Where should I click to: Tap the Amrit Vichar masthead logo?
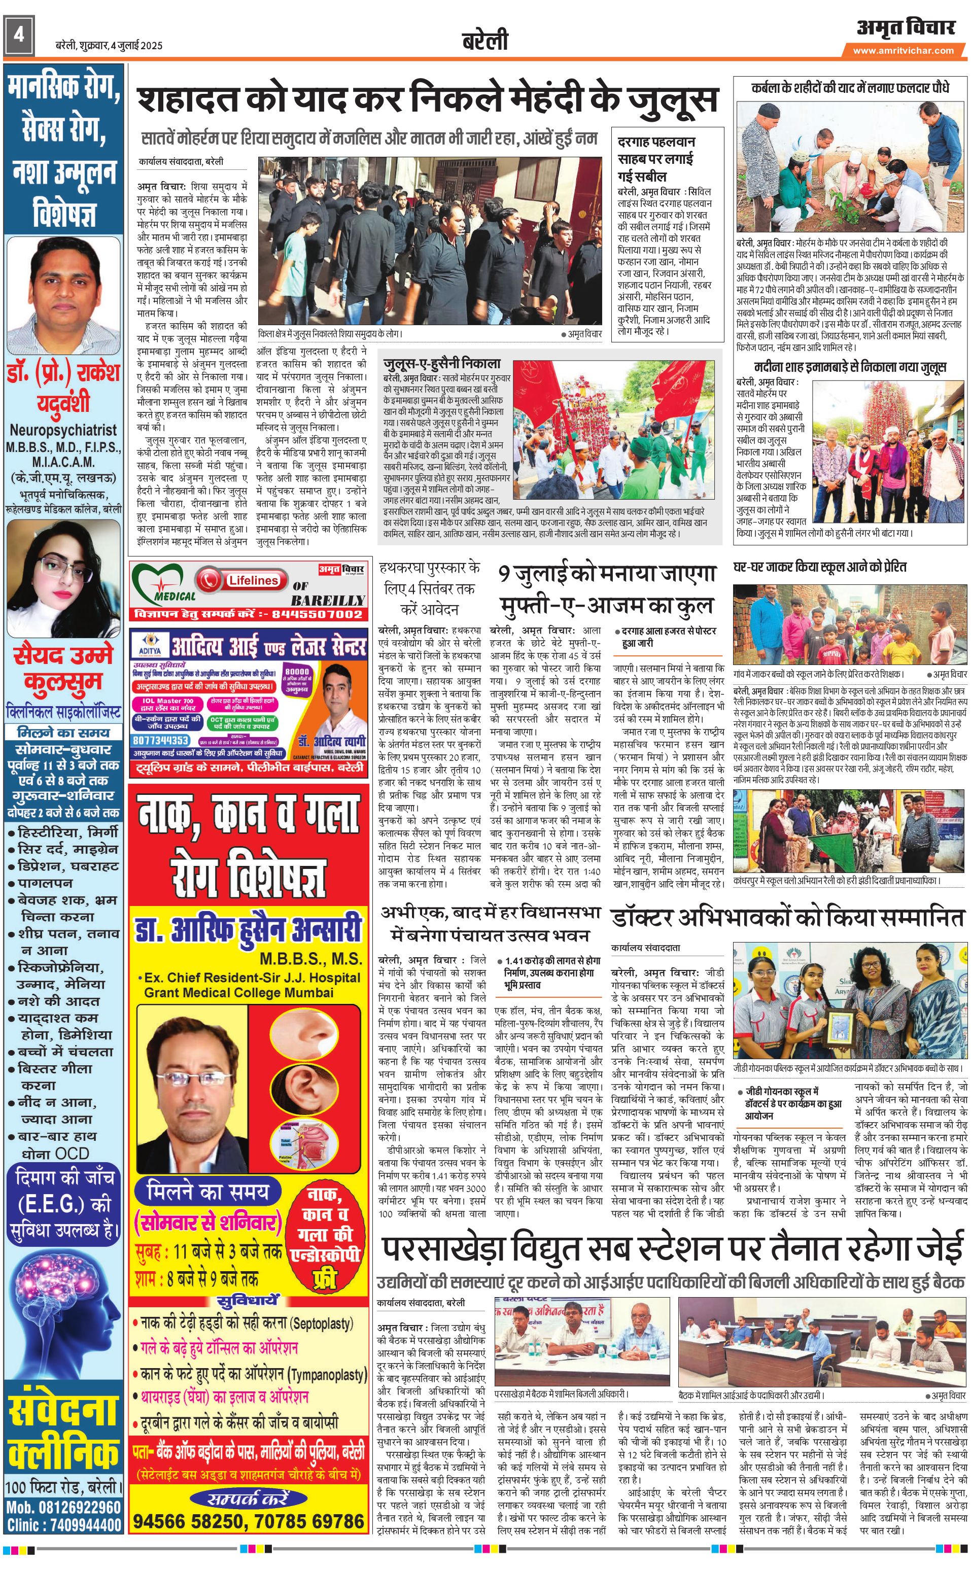906,27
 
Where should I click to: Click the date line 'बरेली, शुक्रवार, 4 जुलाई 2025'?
109,46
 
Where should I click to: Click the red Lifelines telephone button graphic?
239,580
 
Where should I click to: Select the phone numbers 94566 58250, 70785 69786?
249,1521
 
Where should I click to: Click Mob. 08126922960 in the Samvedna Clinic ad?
63,1507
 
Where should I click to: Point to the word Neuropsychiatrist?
63,430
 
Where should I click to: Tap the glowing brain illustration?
63,1323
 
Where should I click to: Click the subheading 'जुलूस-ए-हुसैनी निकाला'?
441,363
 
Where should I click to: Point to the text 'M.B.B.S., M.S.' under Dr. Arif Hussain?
311,959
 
